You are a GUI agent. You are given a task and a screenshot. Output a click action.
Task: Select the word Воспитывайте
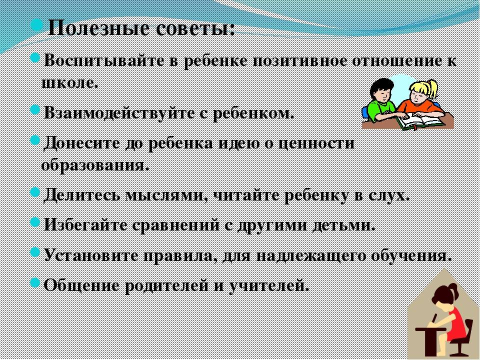(104, 60)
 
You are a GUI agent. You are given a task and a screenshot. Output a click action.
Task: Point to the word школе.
(70, 82)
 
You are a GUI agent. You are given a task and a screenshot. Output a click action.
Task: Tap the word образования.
(95, 165)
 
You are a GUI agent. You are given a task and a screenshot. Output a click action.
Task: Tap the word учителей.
(268, 285)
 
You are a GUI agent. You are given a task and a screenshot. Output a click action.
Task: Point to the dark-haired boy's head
(381, 90)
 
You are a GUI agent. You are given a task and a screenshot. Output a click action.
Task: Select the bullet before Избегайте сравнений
(35, 221)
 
